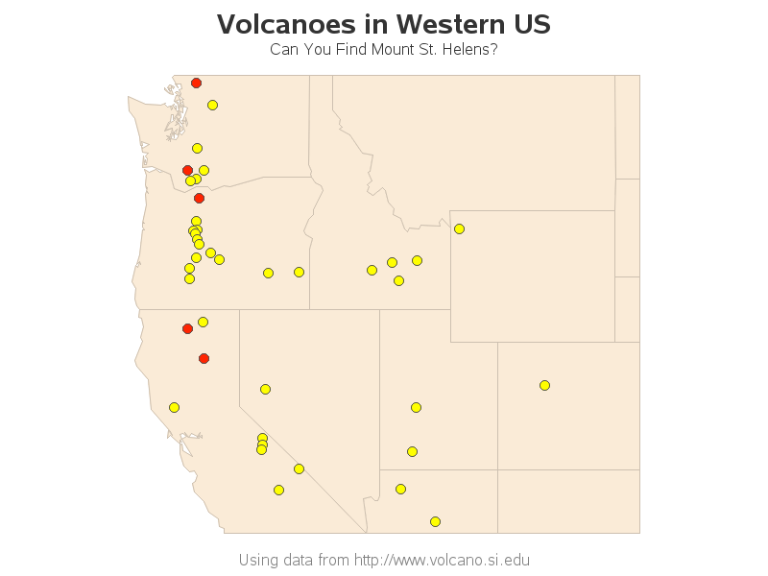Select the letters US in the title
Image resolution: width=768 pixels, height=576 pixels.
533,24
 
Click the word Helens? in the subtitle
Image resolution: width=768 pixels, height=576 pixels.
470,49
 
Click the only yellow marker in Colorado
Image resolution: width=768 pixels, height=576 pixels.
544,385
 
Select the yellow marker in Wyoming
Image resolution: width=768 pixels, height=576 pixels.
459,228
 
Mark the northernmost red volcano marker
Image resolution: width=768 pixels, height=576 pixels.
196,83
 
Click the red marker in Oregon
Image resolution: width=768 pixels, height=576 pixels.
199,198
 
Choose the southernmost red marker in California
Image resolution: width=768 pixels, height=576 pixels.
204,358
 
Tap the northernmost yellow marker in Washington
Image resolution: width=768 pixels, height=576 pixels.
212,105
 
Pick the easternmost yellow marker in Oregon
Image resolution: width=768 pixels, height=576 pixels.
299,272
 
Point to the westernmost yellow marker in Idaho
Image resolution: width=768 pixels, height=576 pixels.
372,270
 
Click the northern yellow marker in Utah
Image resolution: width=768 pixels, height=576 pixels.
416,407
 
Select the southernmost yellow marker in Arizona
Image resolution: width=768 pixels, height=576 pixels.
435,521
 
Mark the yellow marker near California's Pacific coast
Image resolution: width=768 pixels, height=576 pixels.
174,407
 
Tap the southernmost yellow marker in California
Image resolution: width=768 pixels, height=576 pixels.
278,490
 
